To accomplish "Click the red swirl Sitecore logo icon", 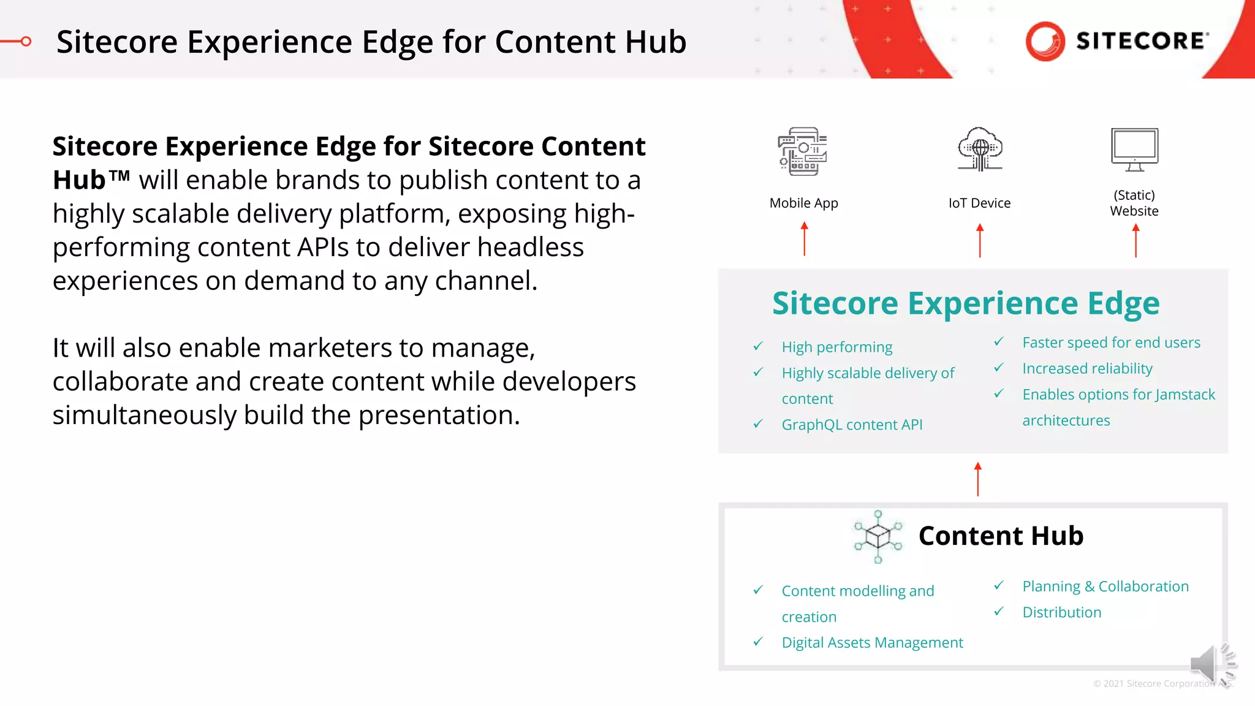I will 1045,41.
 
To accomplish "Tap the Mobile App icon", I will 803,151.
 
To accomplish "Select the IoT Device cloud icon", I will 980,150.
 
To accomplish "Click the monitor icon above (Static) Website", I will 1134,150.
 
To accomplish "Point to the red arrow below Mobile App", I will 805,239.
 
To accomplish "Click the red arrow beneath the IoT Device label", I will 980,240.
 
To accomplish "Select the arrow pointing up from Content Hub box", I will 978,479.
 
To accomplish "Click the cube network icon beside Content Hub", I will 878,536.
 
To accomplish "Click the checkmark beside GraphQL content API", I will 758,423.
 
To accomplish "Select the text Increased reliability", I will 1087,368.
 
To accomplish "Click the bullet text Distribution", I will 1061,612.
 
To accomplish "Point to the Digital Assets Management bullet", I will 872,642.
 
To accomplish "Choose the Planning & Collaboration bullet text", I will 1105,586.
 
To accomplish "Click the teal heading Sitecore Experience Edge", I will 965,303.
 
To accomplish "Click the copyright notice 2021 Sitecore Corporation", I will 1158,683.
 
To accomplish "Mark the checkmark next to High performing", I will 758,346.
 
